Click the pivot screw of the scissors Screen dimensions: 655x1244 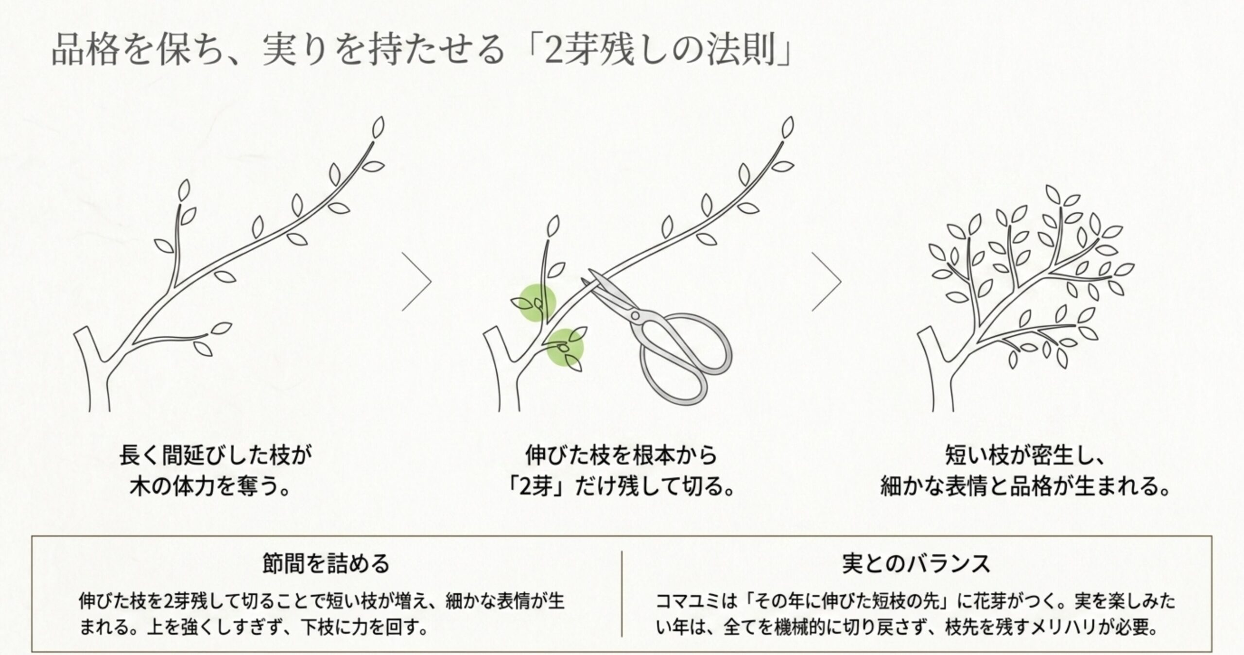tap(635, 315)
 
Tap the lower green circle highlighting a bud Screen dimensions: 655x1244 tap(564, 347)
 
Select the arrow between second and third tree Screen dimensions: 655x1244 tap(828, 282)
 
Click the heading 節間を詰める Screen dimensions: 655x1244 tap(326, 564)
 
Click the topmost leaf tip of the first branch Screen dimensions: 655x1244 tap(378, 126)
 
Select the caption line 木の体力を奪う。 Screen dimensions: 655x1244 tap(210, 487)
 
